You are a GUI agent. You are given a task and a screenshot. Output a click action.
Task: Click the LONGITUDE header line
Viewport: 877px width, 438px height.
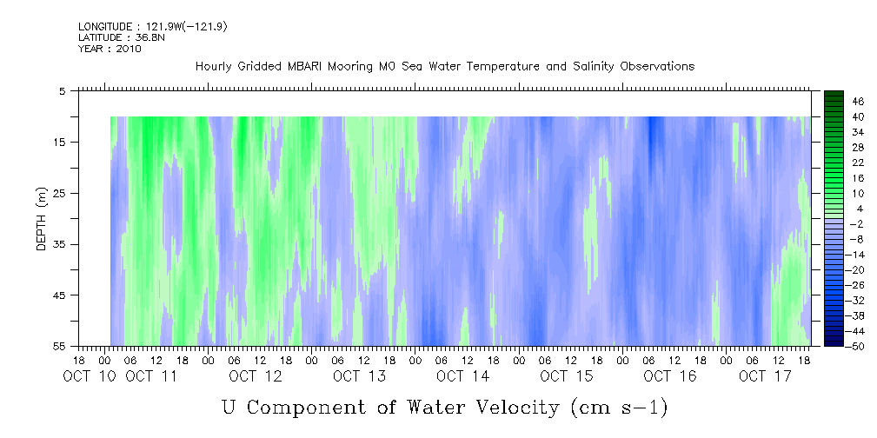pos(153,26)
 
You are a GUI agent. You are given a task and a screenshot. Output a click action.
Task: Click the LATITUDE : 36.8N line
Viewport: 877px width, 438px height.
pos(122,37)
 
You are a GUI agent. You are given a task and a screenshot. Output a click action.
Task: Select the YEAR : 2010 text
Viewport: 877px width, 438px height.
pos(110,49)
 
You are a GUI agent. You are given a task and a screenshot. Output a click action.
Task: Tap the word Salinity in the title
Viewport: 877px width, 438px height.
pos(593,67)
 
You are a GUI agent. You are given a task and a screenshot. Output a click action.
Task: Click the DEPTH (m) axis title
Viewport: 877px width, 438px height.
pos(42,219)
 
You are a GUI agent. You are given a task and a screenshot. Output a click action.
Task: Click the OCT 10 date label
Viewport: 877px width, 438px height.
pos(90,376)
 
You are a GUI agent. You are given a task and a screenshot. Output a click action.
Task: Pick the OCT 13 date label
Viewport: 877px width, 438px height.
pos(359,376)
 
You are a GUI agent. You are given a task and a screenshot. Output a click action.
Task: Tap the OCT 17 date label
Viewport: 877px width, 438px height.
pos(765,376)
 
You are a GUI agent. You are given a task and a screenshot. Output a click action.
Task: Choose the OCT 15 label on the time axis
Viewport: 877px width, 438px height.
pos(567,376)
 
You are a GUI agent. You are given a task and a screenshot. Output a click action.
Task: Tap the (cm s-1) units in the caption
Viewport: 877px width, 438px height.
pos(619,408)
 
